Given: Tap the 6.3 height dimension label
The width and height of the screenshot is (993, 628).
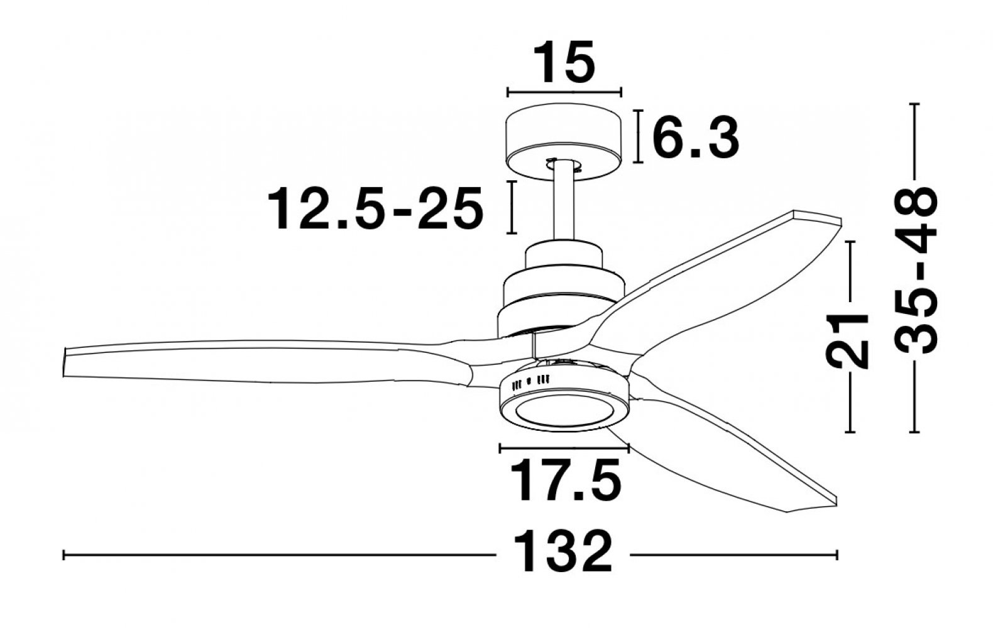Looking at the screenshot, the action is tap(696, 138).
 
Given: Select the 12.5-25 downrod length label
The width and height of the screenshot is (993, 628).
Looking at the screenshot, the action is tap(375, 208).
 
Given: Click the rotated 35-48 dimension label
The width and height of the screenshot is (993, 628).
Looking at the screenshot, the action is tap(916, 269).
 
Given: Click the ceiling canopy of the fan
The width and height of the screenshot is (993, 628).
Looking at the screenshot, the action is tap(564, 142).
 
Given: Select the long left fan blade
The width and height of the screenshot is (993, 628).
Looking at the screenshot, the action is tap(266, 361).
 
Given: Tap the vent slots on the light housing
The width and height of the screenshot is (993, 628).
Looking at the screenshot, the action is tap(530, 382).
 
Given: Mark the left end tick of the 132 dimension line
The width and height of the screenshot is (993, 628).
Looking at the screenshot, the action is tap(64, 555).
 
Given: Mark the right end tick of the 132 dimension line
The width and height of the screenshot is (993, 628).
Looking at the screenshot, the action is tap(837, 555).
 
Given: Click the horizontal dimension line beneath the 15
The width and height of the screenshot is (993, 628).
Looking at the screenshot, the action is tap(564, 92).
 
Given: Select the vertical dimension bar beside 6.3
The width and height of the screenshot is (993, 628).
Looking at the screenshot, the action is tap(638, 136).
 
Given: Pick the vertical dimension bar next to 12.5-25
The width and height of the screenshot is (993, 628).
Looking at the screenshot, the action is tap(512, 207).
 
